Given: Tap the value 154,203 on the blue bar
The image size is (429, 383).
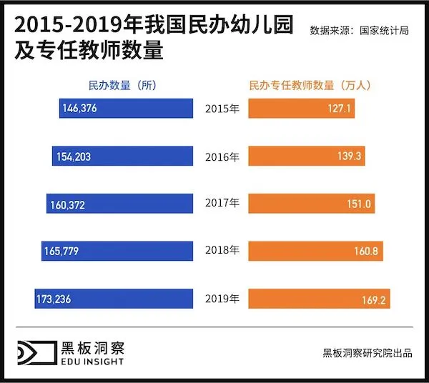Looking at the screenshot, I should pyautogui.click(x=71, y=156).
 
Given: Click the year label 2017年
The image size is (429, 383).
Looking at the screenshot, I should pyautogui.click(x=222, y=204).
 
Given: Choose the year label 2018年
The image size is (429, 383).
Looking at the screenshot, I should pyautogui.click(x=222, y=252).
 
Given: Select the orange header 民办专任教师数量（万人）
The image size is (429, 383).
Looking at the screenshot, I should pyautogui.click(x=308, y=84).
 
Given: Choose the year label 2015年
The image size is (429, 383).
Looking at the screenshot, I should pyautogui.click(x=222, y=109).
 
